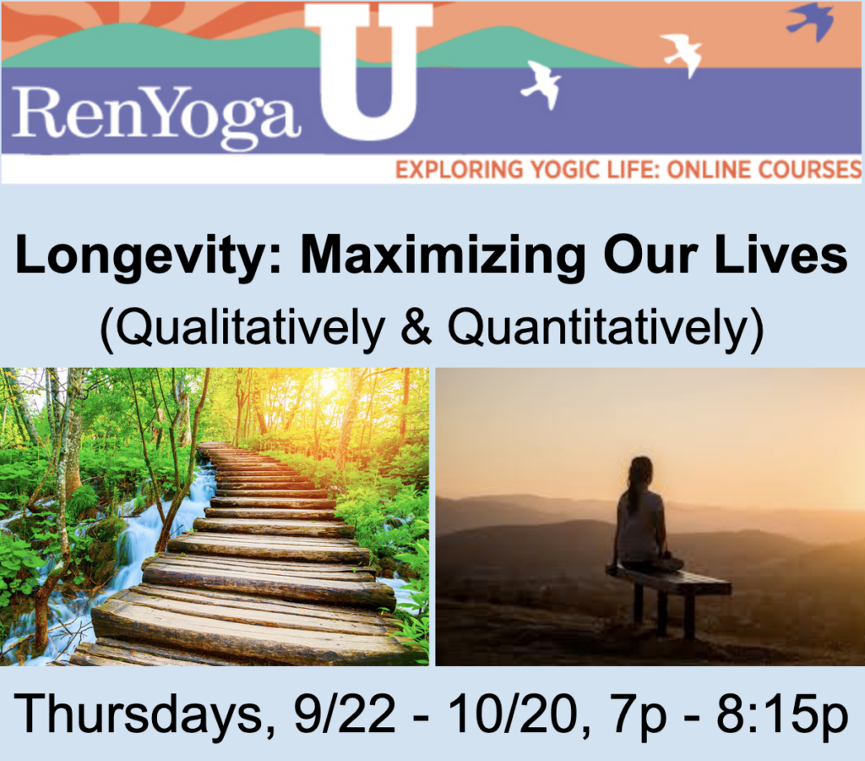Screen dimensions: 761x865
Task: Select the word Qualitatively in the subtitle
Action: [x=240, y=326]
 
